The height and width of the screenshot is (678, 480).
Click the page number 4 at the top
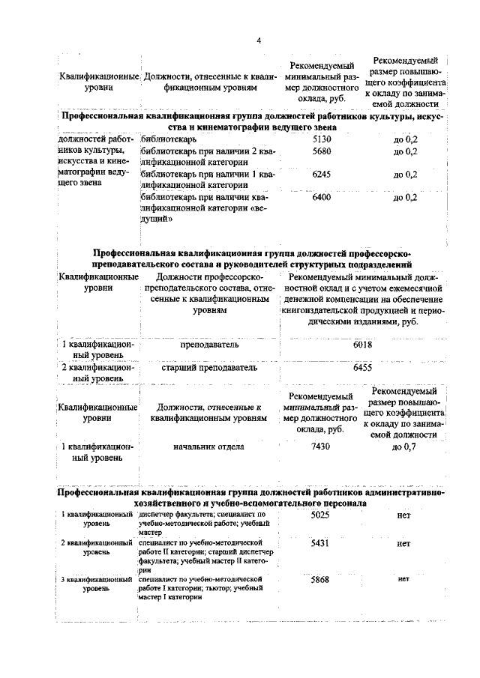click(x=257, y=41)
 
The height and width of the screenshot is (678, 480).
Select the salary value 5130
click(x=320, y=139)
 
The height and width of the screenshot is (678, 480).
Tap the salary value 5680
click(x=320, y=151)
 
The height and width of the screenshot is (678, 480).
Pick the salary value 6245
click(x=320, y=175)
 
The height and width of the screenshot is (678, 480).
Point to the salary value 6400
click(x=320, y=197)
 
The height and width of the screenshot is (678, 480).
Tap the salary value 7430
click(x=320, y=447)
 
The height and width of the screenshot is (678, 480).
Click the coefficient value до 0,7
click(x=404, y=447)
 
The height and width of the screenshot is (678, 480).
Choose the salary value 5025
click(x=320, y=516)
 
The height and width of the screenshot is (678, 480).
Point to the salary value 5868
click(x=320, y=580)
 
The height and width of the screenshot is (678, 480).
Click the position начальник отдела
click(x=209, y=447)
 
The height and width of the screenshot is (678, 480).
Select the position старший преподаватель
click(x=209, y=368)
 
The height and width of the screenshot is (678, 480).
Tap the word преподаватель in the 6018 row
click(x=209, y=345)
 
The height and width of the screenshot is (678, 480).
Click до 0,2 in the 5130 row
click(x=405, y=139)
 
